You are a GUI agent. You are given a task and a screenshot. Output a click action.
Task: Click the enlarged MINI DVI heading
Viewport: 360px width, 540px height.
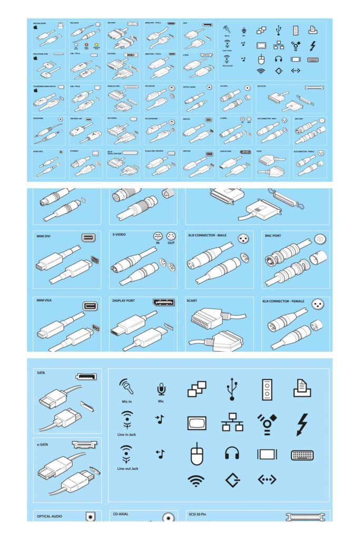46,235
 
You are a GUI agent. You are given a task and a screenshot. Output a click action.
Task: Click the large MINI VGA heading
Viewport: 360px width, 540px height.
46,301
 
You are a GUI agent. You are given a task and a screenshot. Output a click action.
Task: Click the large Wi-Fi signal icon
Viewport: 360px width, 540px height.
196,480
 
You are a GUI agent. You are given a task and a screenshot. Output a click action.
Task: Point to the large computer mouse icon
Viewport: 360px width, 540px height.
197,454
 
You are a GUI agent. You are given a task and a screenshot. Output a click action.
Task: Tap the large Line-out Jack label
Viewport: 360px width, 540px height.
127,468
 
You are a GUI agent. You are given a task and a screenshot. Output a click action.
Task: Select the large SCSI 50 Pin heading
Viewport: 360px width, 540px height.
202,513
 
